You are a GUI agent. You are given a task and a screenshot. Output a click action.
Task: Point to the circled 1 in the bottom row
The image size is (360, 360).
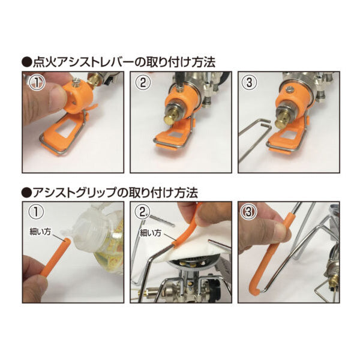pos(36,212)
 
